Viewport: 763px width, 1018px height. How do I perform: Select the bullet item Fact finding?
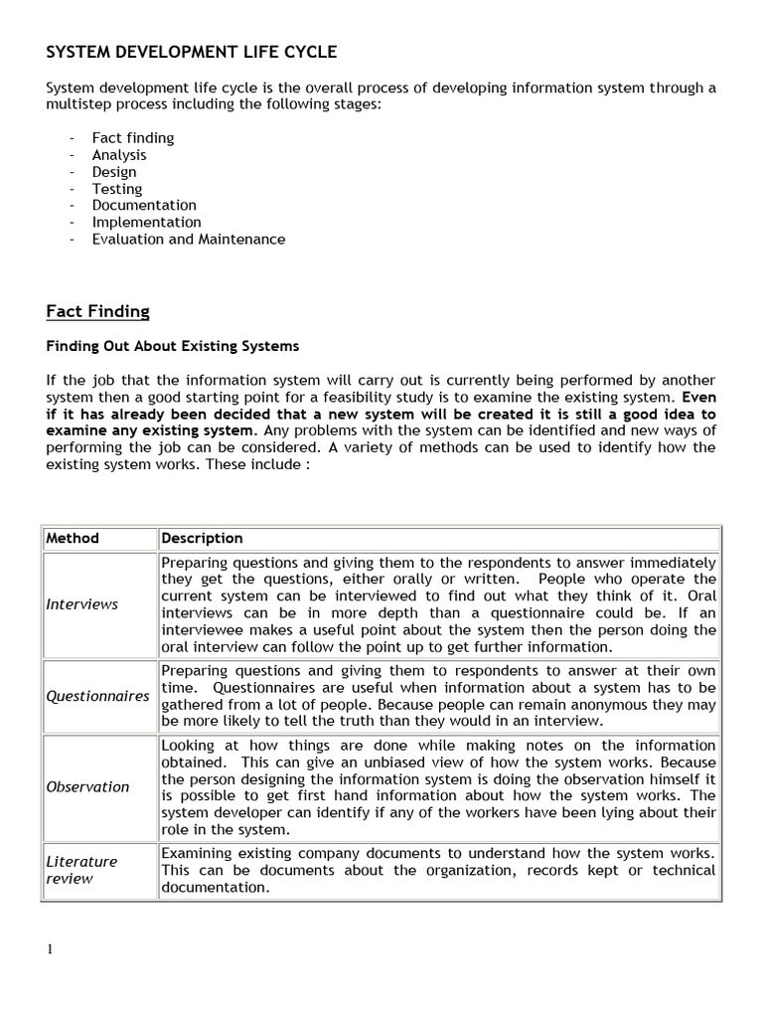click(x=132, y=138)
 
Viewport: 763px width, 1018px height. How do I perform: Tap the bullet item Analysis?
click(x=119, y=155)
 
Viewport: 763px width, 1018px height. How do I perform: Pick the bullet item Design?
click(x=114, y=172)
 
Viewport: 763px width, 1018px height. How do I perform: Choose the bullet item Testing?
click(x=117, y=189)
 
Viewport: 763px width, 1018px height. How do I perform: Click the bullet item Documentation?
click(x=144, y=206)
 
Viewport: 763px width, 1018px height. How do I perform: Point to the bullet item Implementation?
click(x=146, y=223)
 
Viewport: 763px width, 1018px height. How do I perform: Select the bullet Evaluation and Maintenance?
click(x=188, y=240)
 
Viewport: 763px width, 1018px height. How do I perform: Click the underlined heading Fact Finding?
click(x=97, y=312)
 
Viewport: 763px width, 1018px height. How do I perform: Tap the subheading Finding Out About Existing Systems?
click(x=172, y=347)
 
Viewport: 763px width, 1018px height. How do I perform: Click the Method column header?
click(x=73, y=538)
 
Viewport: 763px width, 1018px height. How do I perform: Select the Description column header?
click(x=202, y=538)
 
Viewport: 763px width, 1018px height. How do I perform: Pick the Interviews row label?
click(x=81, y=604)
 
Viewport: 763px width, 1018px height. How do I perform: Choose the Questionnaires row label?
click(x=97, y=696)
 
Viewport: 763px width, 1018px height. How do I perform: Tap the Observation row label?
click(x=87, y=787)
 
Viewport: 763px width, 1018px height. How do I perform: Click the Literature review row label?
click(x=81, y=870)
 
